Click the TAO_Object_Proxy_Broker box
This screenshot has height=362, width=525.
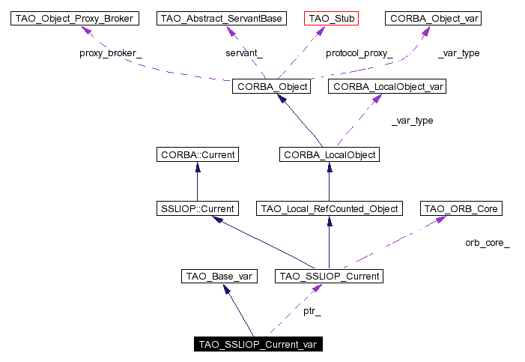[75, 18]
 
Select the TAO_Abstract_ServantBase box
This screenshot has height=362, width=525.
[222, 18]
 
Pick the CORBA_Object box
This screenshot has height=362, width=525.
[270, 86]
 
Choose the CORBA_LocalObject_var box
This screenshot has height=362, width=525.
[389, 86]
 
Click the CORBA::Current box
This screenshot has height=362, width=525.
[197, 155]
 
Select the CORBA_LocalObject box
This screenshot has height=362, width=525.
[329, 155]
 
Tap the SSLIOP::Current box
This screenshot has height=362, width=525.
[197, 208]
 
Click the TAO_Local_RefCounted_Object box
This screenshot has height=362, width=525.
[329, 208]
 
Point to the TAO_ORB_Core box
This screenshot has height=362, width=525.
[461, 208]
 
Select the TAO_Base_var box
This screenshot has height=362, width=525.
[219, 277]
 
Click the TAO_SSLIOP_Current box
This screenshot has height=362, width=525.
[329, 277]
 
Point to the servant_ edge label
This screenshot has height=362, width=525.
[244, 53]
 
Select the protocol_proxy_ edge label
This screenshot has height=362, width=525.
[359, 53]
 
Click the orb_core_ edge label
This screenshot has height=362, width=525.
[488, 243]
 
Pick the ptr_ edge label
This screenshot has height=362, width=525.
[312, 310]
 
